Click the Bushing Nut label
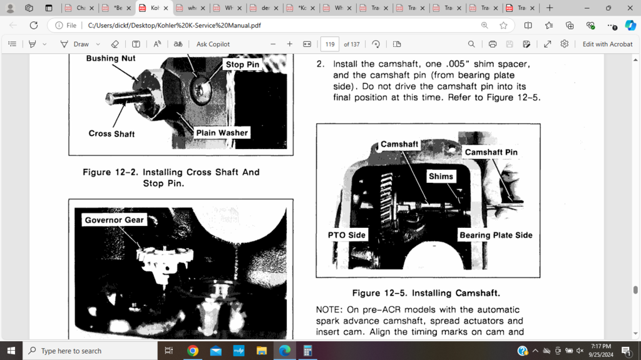[111, 58]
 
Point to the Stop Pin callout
[242, 64]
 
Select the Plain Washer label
[222, 132]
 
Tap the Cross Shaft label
[111, 133]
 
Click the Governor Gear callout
[115, 220]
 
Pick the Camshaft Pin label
[491, 152]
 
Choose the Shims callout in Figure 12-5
[441, 177]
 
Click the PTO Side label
[347, 235]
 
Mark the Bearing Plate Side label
[496, 235]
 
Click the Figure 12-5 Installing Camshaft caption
[426, 293]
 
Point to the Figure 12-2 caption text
[171, 178]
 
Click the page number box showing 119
[330, 44]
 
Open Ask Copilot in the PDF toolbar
[213, 44]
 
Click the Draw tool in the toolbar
[74, 44]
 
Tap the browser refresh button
[34, 26]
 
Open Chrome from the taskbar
[193, 351]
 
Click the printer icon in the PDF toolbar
[493, 44]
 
